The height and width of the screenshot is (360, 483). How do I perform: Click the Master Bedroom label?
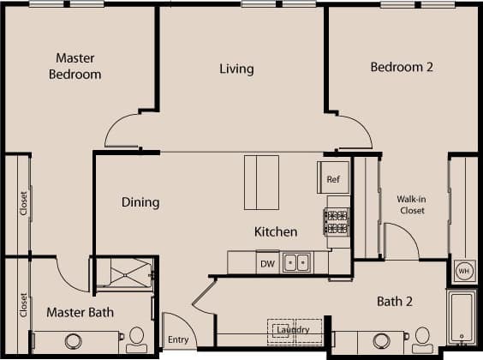(x=78, y=66)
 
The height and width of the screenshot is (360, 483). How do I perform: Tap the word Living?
(x=236, y=69)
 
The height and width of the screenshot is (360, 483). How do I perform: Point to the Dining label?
(x=140, y=202)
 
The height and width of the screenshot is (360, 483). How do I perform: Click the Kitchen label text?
(x=276, y=231)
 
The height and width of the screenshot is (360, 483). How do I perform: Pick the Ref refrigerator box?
(x=334, y=178)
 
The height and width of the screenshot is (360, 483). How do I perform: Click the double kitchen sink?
(x=296, y=263)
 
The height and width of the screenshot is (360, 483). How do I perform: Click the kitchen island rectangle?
(x=262, y=182)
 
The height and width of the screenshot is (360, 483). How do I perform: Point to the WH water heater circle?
(x=464, y=271)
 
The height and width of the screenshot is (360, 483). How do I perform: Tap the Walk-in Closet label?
(x=411, y=205)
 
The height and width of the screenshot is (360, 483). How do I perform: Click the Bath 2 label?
(x=397, y=301)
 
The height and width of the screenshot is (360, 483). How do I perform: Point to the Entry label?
(x=177, y=340)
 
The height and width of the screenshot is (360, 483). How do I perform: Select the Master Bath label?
(x=80, y=312)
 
